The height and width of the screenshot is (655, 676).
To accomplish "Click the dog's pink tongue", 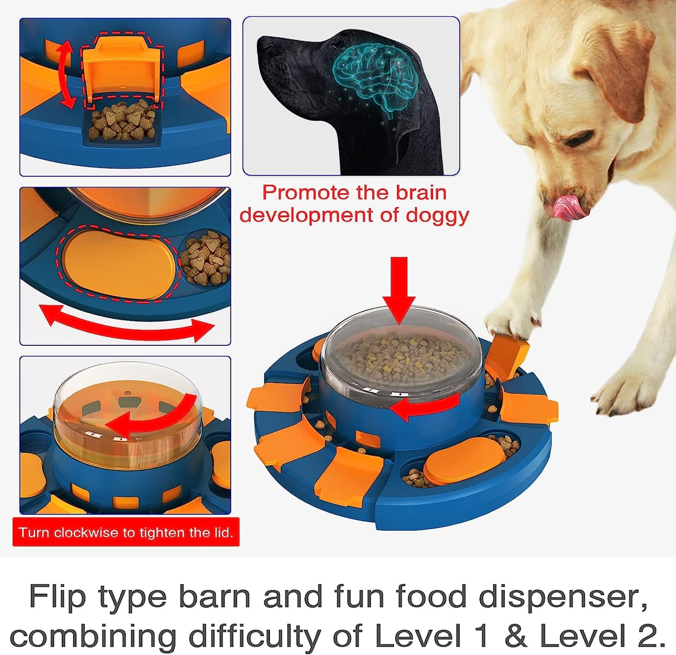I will click(568, 208).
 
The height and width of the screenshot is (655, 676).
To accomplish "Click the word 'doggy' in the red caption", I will click(437, 215).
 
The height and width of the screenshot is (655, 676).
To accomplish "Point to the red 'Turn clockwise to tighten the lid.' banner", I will click(126, 532).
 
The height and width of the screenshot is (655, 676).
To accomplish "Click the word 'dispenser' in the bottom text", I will click(563, 597).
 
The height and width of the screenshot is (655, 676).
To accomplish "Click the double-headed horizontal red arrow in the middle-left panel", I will click(126, 322).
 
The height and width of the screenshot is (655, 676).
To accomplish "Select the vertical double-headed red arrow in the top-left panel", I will click(66, 74).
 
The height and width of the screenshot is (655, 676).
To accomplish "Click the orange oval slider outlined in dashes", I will click(119, 265).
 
